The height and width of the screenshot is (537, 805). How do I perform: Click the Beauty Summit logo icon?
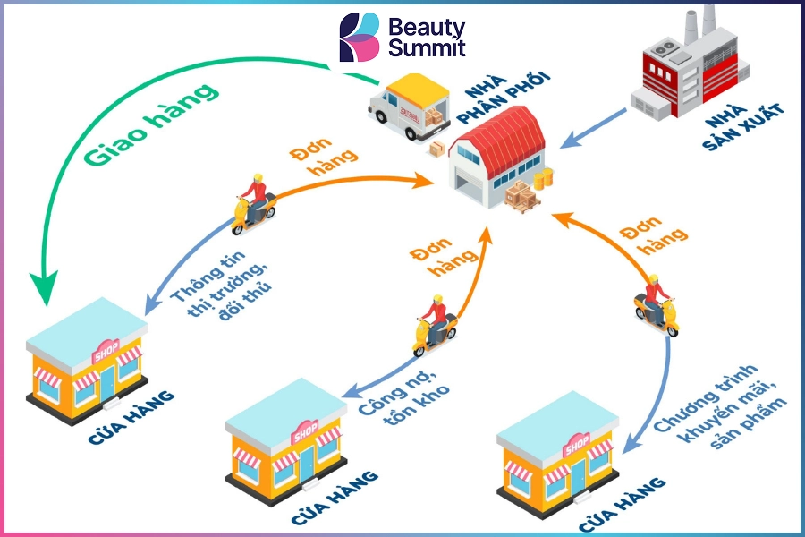point(360,38)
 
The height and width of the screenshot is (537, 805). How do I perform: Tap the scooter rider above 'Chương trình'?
point(657,304)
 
